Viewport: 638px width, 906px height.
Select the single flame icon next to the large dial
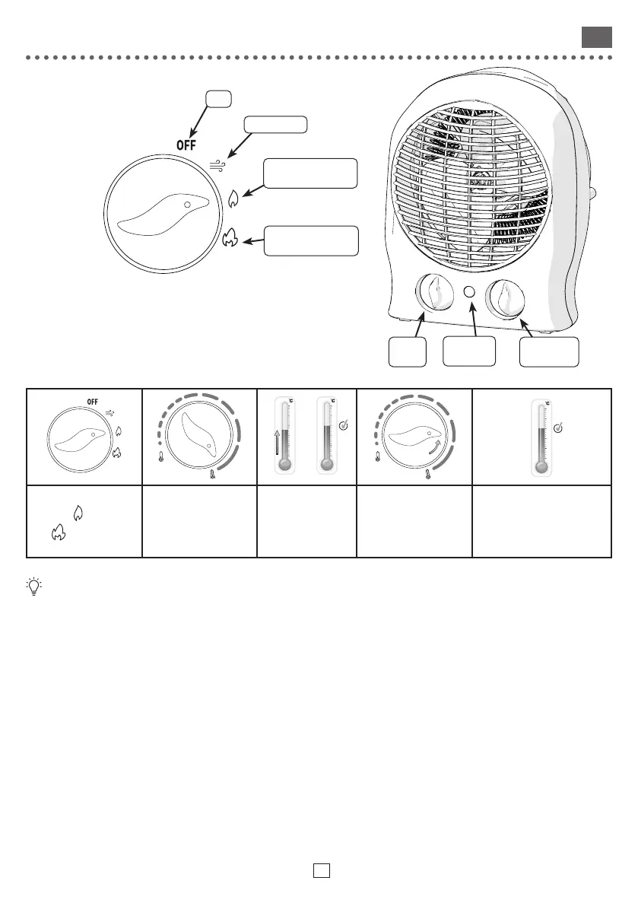point(233,199)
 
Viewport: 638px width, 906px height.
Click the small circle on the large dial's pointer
point(187,205)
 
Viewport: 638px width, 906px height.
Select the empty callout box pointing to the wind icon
point(275,125)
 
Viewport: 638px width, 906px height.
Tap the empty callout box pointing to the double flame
point(309,240)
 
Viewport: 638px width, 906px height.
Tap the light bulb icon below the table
point(33,587)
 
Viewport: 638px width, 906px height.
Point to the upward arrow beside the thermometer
point(277,441)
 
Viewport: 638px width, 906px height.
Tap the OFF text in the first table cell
point(93,402)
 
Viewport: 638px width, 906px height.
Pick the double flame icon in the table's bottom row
point(56,535)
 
